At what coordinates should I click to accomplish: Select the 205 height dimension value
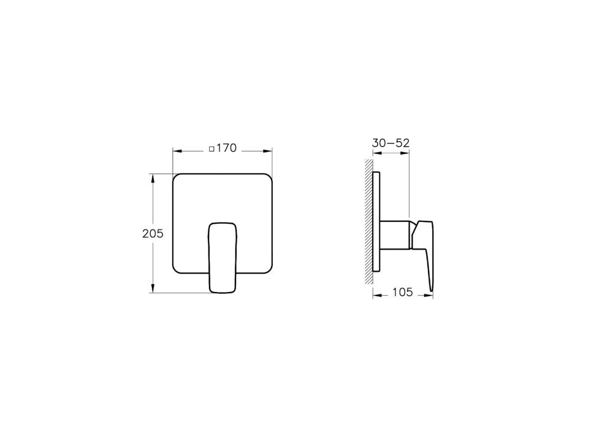[x=152, y=234]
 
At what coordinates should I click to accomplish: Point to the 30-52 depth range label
[x=390, y=142]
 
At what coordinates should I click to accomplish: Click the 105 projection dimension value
[x=402, y=292]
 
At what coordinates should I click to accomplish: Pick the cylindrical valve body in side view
[x=395, y=235]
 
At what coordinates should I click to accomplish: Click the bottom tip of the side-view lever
[x=432, y=290]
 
